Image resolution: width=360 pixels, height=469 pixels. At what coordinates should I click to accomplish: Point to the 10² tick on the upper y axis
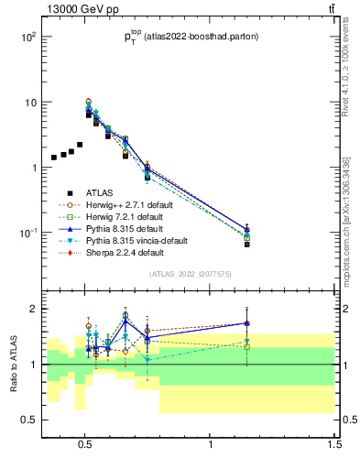pos(27,38)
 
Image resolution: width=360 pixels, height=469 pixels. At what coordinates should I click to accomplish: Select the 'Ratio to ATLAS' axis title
pos(13,364)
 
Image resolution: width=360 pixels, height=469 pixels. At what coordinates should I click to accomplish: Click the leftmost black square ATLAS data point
pos(54,158)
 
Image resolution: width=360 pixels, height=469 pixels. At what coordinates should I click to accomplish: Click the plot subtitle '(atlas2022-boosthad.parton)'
pos(202,37)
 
